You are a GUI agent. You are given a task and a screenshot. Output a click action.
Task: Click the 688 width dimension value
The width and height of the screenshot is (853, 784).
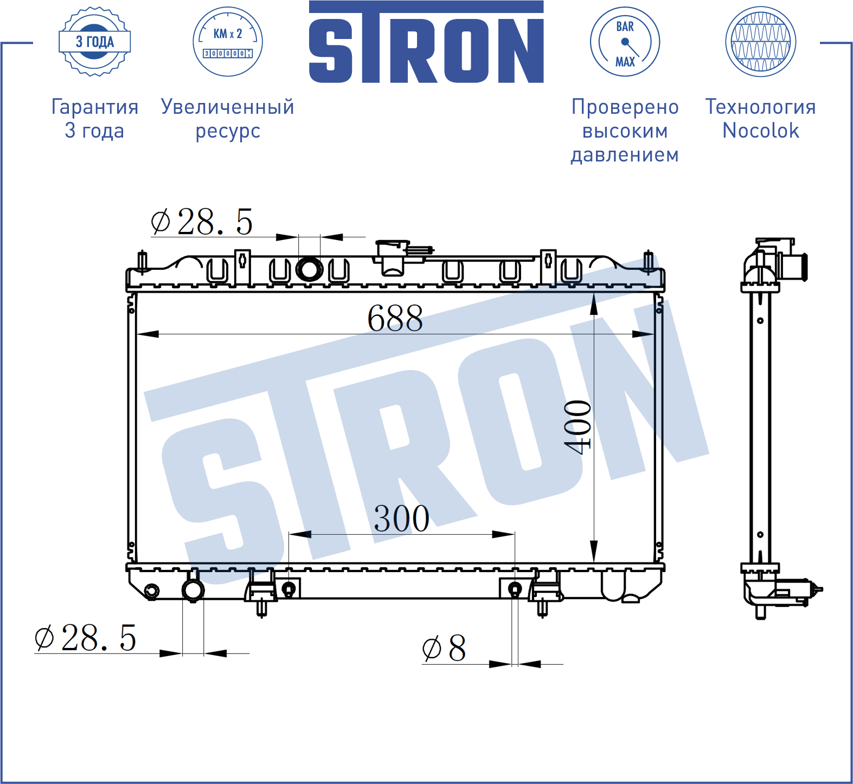point(395,318)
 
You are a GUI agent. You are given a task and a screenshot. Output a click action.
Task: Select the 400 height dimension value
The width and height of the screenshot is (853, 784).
point(578,427)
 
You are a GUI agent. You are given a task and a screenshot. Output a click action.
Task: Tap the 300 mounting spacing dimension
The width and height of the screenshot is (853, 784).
point(402,519)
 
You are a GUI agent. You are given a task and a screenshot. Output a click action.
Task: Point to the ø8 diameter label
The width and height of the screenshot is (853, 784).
point(444,647)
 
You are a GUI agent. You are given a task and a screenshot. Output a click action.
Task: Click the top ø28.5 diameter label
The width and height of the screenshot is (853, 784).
point(202,222)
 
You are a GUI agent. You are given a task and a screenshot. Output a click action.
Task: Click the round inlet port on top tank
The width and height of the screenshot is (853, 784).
point(310,269)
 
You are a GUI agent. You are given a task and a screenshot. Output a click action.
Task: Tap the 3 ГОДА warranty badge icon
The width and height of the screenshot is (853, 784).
point(94,42)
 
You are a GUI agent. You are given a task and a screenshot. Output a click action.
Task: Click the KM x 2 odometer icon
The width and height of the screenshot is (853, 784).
point(228,42)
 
